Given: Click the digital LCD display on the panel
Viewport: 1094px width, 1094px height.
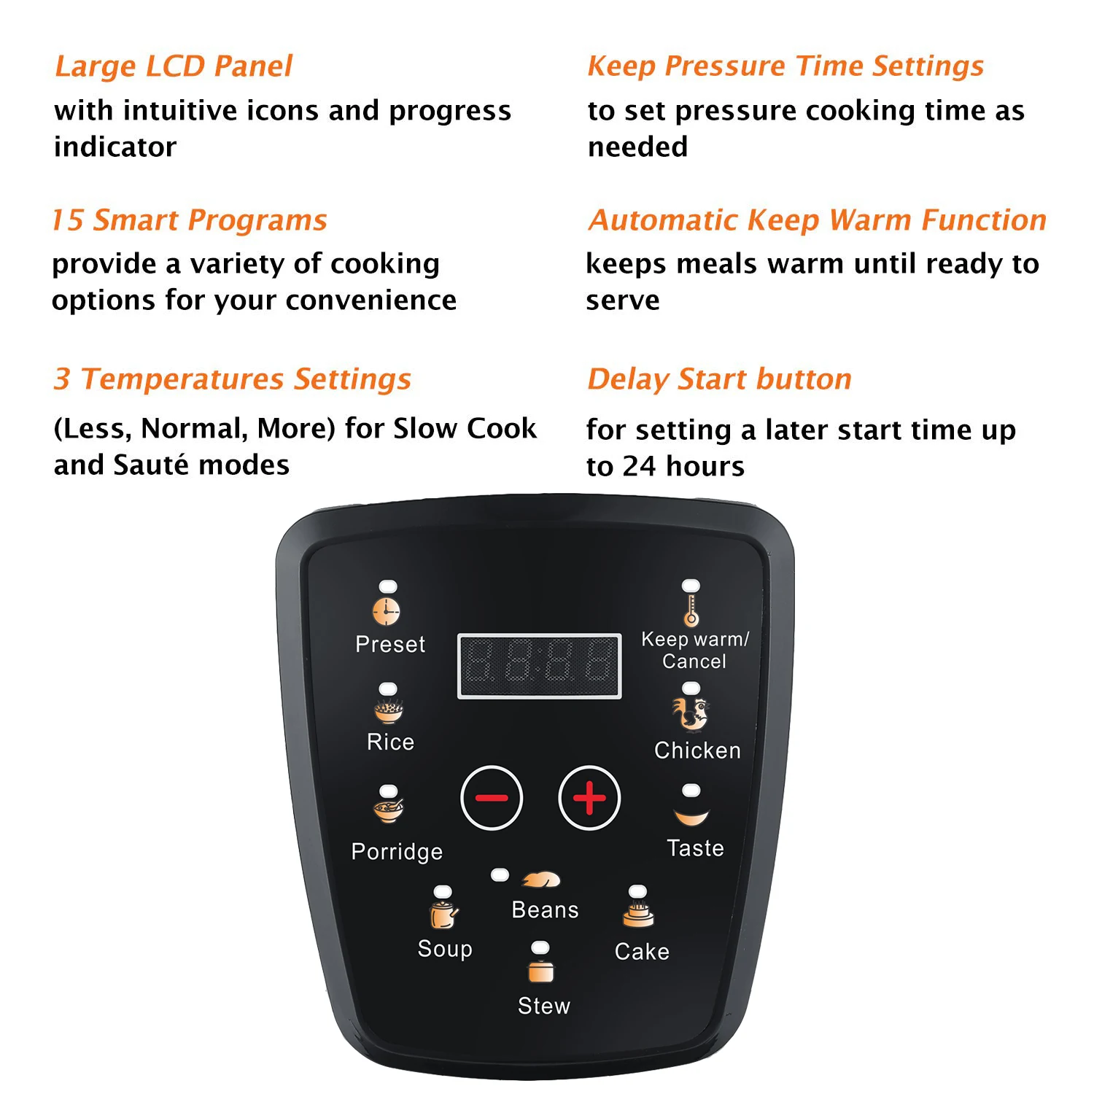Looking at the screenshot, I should point(539,666).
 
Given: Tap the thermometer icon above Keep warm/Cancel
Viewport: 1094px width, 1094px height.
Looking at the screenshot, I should point(691,611).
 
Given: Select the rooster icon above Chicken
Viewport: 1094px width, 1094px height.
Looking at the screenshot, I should point(691,714).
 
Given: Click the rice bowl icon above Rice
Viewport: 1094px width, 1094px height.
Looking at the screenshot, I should point(389,710).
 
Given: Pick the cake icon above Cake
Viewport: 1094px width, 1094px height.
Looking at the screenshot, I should point(638,914).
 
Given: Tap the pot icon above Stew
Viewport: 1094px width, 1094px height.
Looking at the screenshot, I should point(540,971).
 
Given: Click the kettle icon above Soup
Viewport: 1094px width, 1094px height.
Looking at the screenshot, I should point(443,914).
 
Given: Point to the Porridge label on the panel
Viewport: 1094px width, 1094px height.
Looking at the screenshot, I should point(397,851).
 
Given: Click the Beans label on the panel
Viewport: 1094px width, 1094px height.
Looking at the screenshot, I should point(545,909).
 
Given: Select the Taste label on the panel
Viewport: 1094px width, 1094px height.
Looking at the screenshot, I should point(695,847).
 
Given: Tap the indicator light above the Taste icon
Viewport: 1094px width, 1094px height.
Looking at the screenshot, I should point(691,791).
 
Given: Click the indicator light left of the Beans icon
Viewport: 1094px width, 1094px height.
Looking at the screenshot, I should point(500,874).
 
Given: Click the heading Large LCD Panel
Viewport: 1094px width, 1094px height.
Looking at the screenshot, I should point(174,66).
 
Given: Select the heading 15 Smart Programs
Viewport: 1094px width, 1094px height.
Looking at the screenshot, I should point(190,220).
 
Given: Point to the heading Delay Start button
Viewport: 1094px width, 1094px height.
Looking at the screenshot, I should point(719,379).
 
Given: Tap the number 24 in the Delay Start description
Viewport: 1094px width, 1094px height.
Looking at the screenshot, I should point(639,466).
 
